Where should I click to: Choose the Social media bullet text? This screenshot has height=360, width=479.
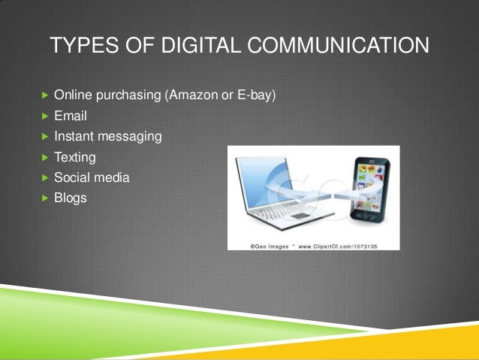click(x=92, y=178)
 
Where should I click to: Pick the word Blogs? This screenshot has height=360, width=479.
click(x=71, y=198)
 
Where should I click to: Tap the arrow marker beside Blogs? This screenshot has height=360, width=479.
click(x=44, y=198)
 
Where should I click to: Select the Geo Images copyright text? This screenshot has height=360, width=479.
click(x=266, y=245)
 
